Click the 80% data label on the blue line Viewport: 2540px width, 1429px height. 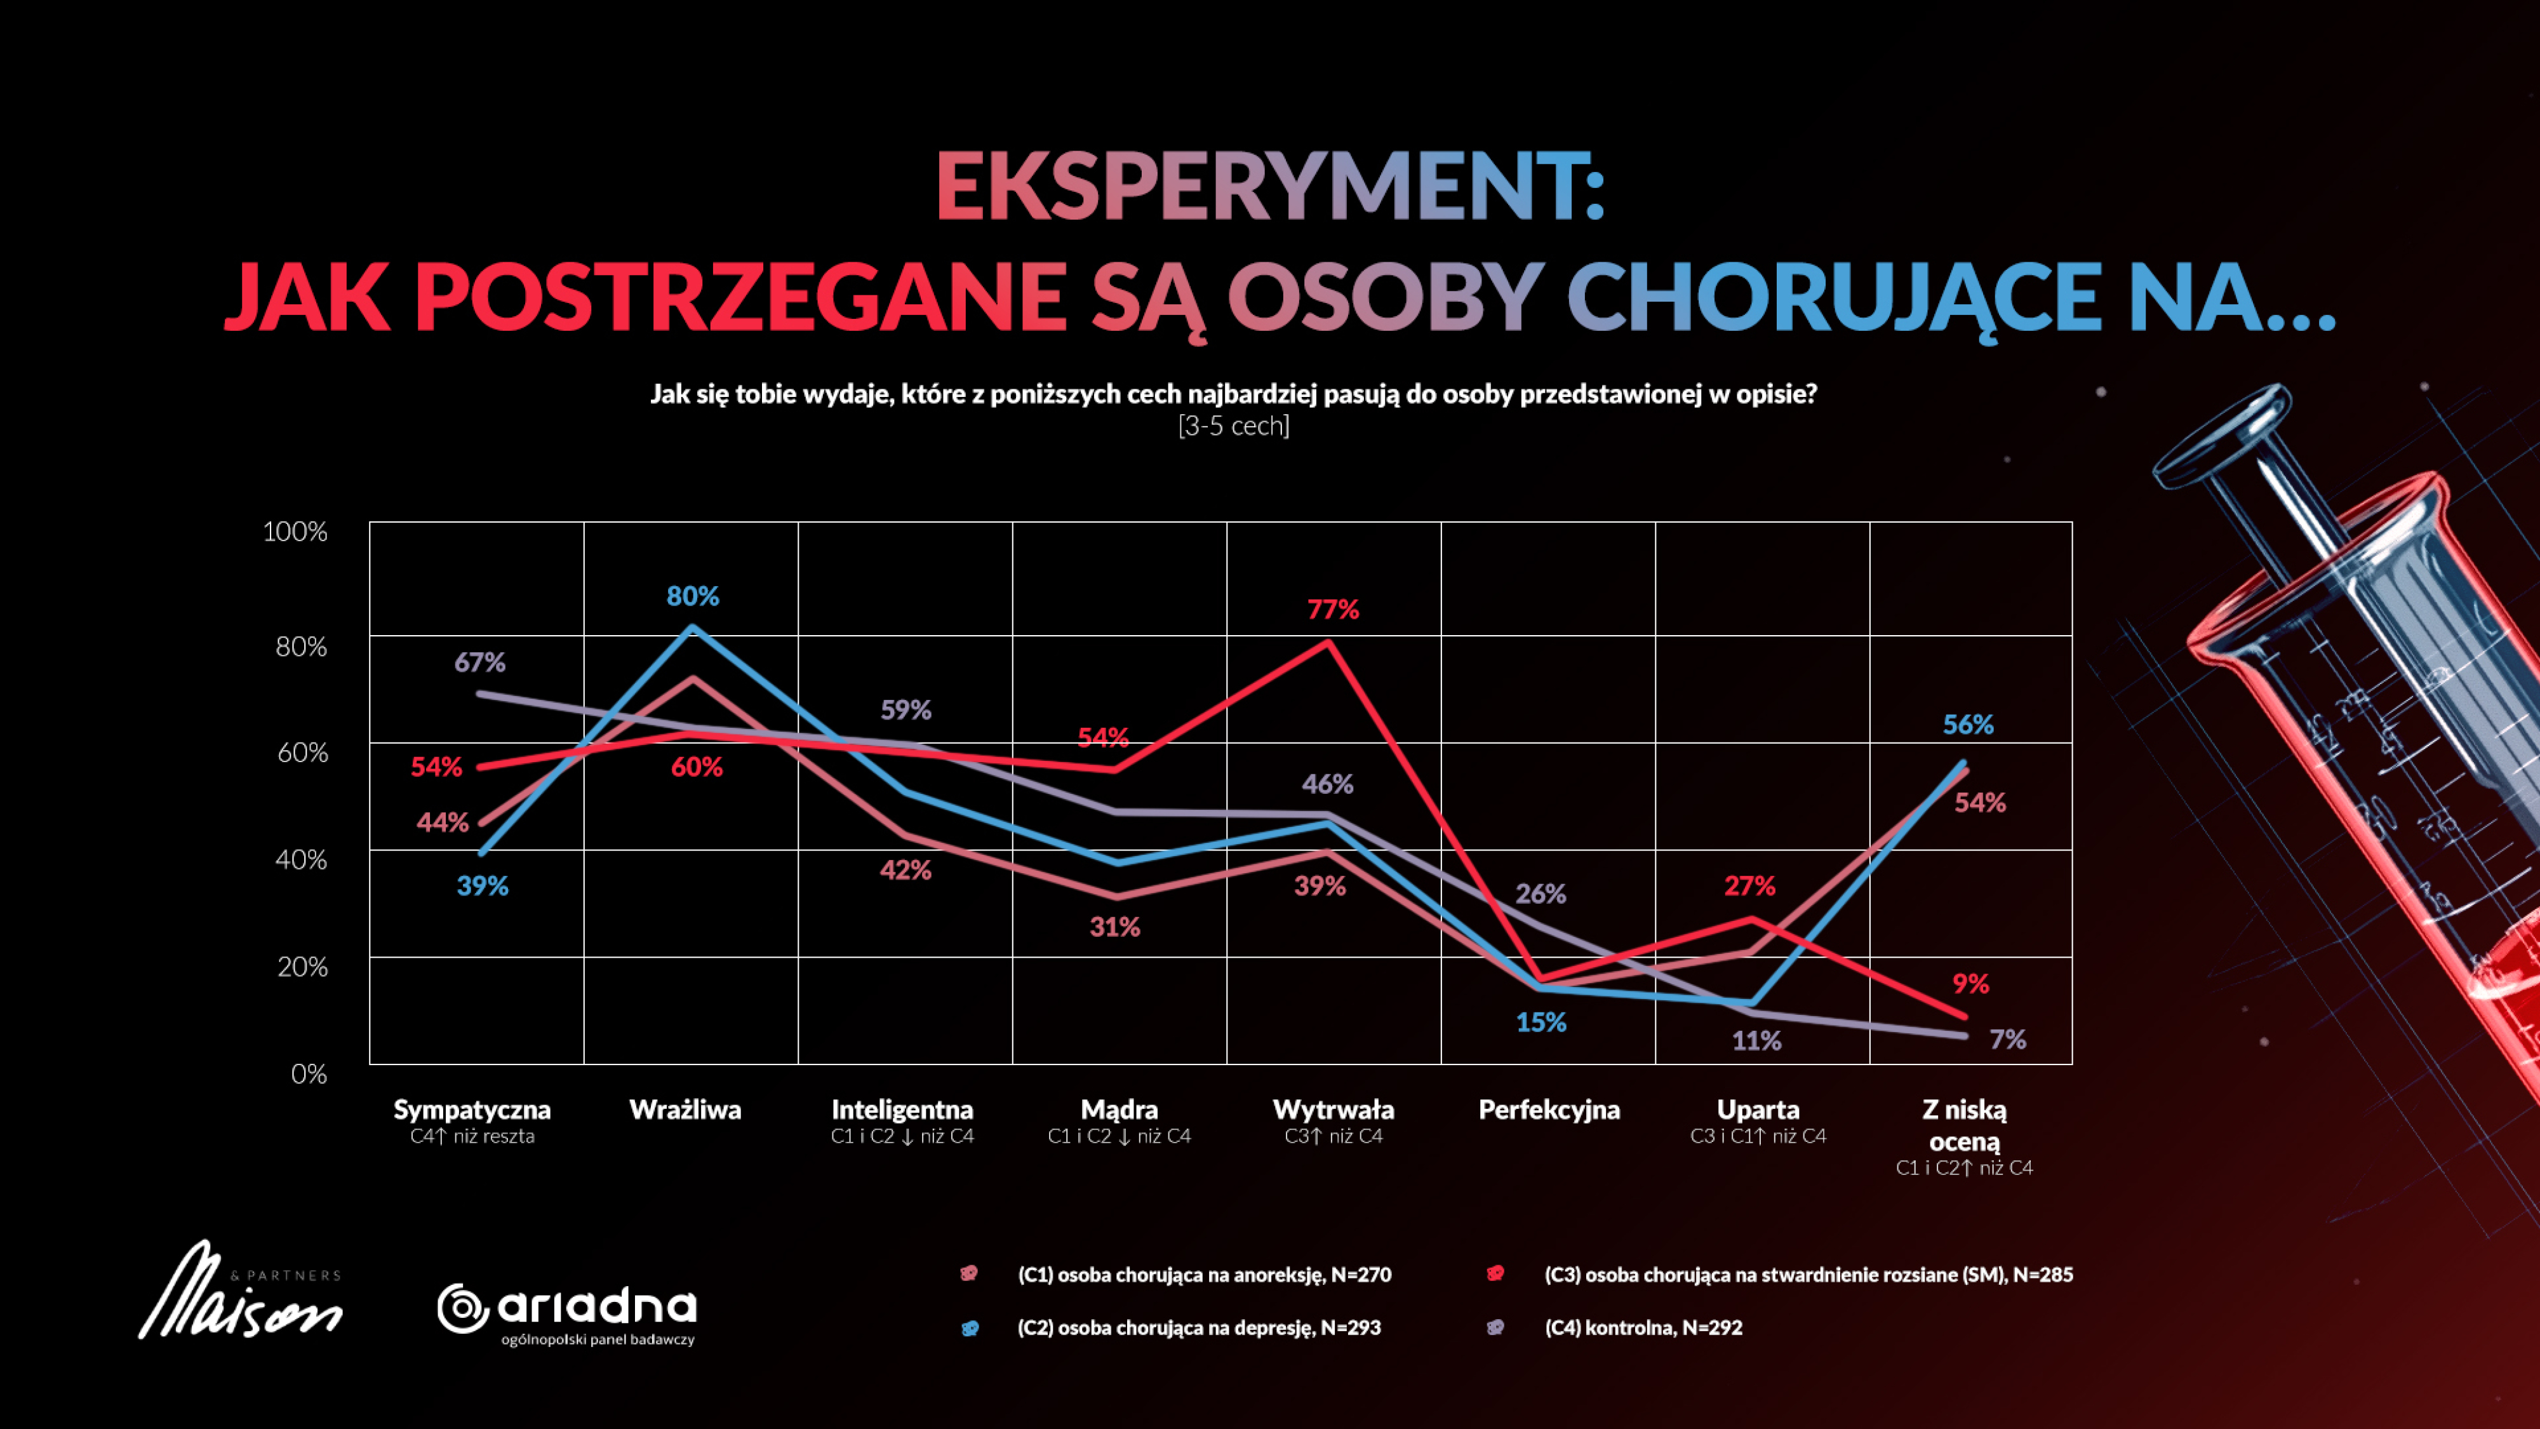tap(692, 596)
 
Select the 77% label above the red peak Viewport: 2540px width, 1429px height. tap(1332, 610)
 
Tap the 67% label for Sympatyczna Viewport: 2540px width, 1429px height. tap(479, 662)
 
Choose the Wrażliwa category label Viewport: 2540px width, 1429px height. tap(685, 1110)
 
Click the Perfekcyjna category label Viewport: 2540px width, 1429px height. tap(1548, 1110)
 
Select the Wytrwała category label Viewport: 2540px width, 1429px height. tap(1333, 1110)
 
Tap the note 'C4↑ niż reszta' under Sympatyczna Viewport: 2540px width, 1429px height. tap(472, 1136)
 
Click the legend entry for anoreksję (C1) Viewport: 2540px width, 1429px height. tap(1203, 1274)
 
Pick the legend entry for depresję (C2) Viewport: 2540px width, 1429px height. tap(1198, 1327)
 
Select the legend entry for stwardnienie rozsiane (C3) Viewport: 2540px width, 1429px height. tap(1807, 1274)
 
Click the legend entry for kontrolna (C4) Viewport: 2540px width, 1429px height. tap(1643, 1327)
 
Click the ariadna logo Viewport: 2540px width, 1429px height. tap(567, 1312)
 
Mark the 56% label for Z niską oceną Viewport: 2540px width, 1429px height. tap(1967, 725)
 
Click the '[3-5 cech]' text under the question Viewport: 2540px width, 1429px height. tap(1234, 426)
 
